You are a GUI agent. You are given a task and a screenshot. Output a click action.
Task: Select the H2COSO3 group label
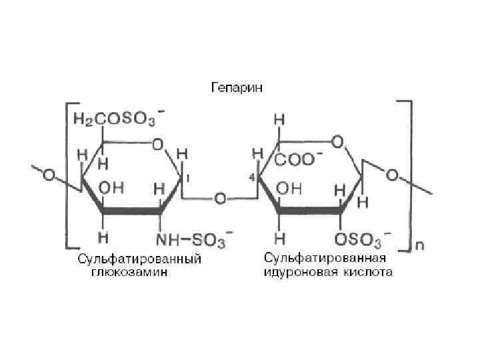click(115, 119)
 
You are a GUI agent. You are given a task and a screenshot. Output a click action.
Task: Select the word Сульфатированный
click(139, 258)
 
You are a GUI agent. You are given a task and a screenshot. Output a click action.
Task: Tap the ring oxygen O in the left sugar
click(158, 143)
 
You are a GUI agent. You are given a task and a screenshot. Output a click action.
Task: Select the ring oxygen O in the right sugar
click(337, 141)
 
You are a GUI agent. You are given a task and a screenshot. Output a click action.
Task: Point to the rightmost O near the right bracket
click(392, 176)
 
